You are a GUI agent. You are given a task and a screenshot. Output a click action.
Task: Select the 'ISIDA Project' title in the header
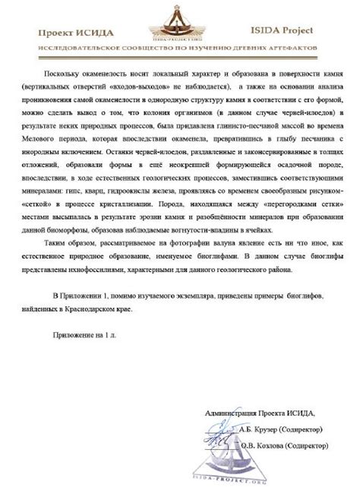(295, 33)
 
